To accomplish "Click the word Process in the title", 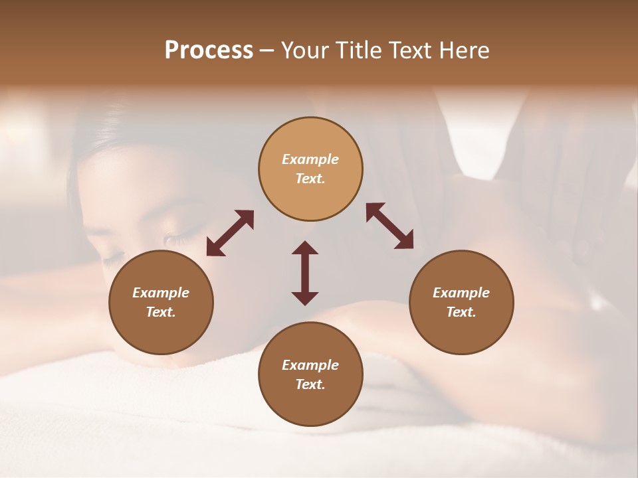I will tap(209, 50).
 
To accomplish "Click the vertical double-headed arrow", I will tap(305, 273).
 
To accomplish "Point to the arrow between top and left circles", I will tap(230, 232).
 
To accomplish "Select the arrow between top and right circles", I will tap(390, 226).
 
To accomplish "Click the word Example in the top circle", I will tap(310, 159).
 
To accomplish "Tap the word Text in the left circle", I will tap(161, 312).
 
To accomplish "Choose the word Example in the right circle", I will tap(461, 293).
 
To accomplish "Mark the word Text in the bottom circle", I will tap(310, 384).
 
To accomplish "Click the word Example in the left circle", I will tap(161, 293).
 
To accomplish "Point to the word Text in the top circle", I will tap(310, 179).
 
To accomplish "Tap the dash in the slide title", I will tap(267, 51).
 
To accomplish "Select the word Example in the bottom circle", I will tap(310, 365).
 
